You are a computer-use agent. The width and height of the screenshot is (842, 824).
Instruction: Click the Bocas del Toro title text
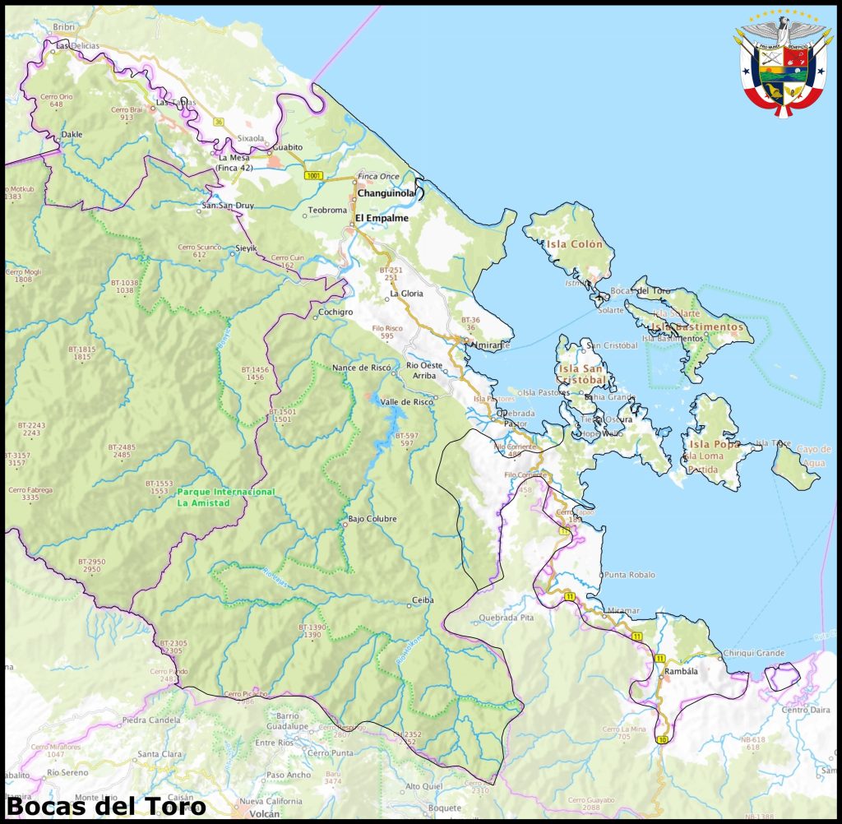pyautogui.click(x=106, y=805)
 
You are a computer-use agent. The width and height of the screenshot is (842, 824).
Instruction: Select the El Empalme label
pyautogui.click(x=382, y=218)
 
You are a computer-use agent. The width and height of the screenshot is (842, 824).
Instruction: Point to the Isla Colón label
pyautogui.click(x=575, y=244)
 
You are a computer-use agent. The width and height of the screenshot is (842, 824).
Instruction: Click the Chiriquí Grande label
pyautogui.click(x=752, y=653)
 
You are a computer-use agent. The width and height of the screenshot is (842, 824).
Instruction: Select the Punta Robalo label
pyautogui.click(x=630, y=575)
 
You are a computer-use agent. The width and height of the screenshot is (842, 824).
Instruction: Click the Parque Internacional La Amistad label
pyautogui.click(x=225, y=497)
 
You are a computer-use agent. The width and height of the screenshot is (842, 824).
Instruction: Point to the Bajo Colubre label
pyautogui.click(x=372, y=519)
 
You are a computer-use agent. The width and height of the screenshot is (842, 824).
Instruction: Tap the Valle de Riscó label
pyautogui.click(x=405, y=401)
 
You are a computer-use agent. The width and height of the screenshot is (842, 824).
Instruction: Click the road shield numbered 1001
pyautogui.click(x=313, y=175)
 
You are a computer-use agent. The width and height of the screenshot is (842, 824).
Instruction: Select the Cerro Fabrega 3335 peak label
pyautogui.click(x=30, y=493)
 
